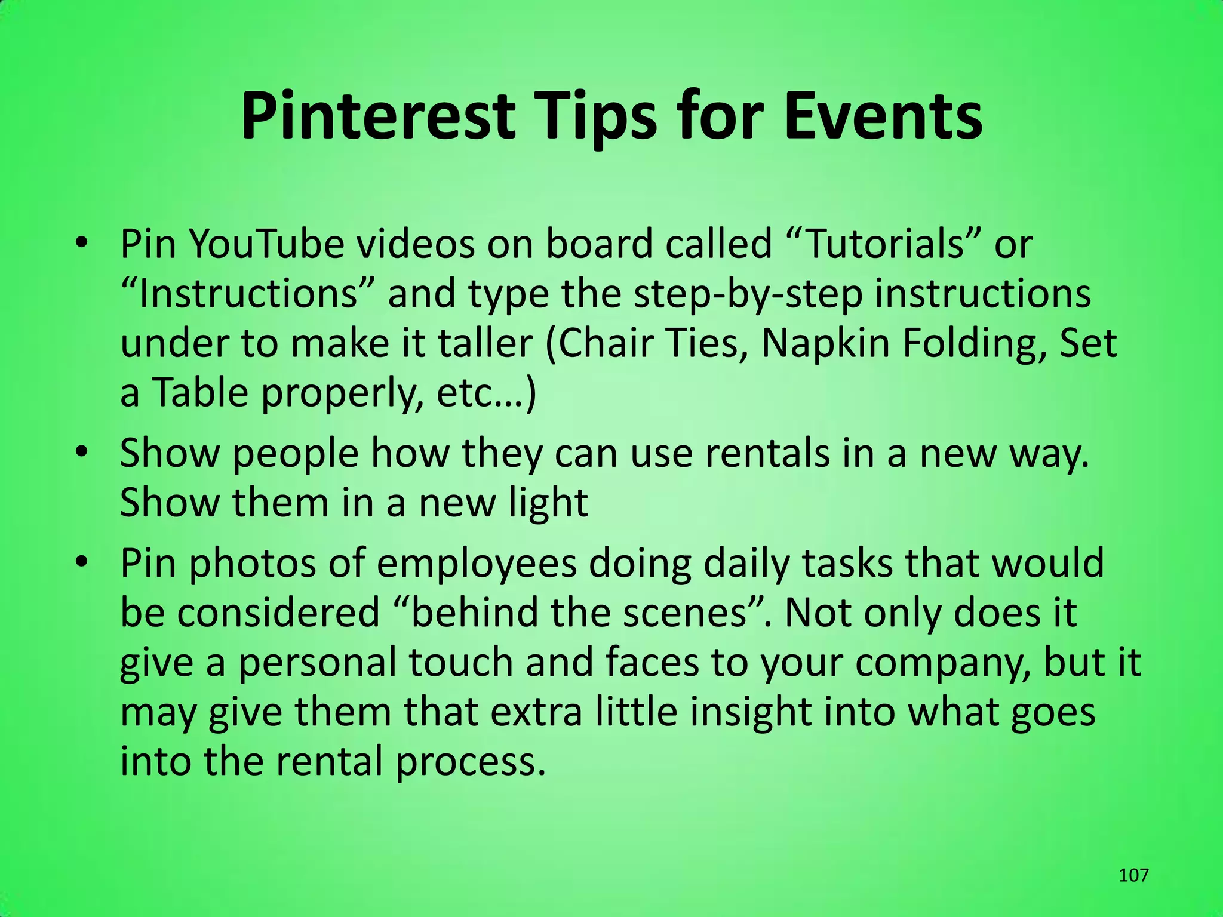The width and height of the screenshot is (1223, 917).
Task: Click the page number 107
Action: coord(1133,875)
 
